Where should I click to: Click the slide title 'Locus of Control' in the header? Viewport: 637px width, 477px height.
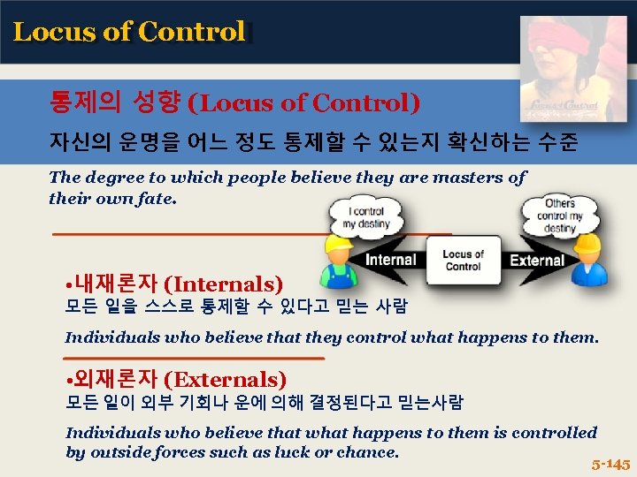pyautogui.click(x=129, y=32)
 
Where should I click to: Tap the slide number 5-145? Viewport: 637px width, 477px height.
pyautogui.click(x=610, y=463)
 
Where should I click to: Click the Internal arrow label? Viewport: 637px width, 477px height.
pyautogui.click(x=390, y=260)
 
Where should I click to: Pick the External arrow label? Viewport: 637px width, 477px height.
pyautogui.click(x=536, y=260)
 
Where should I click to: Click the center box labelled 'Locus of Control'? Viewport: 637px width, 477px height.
pyautogui.click(x=463, y=261)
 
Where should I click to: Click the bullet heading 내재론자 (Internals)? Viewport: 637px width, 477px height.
pyautogui.click(x=174, y=284)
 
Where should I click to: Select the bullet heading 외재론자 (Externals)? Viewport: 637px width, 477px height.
pyautogui.click(x=176, y=379)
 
